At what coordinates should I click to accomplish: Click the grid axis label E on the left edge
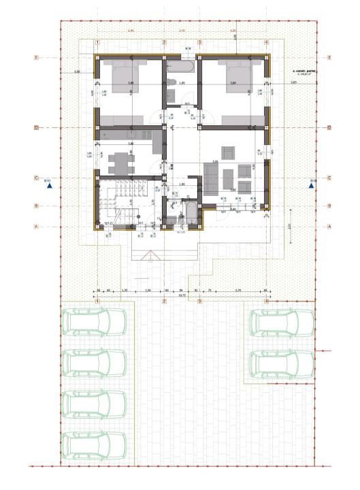[x=36, y=59]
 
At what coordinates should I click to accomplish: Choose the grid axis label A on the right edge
[x=329, y=225]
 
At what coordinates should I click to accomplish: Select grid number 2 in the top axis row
[x=163, y=42]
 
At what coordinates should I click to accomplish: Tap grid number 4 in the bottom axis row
[x=266, y=300]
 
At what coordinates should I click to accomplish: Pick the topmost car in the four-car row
[x=94, y=322]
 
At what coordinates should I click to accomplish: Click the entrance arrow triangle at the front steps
[x=148, y=255]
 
